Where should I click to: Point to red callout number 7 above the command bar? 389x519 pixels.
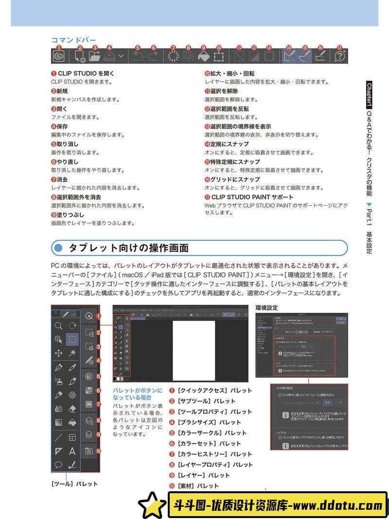click(x=173, y=48)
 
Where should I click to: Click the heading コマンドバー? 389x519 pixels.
click(x=73, y=40)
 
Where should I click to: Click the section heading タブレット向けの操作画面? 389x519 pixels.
click(x=128, y=248)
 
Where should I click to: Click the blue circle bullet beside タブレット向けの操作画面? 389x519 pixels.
click(x=59, y=248)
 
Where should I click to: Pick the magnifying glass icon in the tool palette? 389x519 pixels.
click(x=58, y=325)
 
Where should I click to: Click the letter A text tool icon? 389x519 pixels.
click(x=72, y=451)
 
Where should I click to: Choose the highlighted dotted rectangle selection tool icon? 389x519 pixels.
click(x=72, y=339)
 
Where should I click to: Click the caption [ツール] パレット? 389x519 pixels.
click(x=74, y=483)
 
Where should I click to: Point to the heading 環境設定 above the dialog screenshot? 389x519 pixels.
click(x=266, y=307)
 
